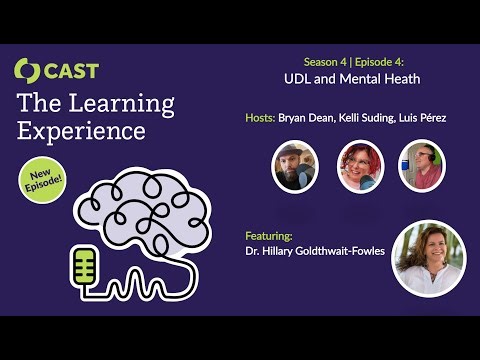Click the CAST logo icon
coord(27,71)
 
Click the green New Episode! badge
coord(45,179)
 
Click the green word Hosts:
coord(261,118)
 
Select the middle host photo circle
coord(361,166)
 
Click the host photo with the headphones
coord(421,166)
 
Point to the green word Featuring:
coord(269,236)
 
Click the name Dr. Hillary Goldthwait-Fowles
coord(316,252)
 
